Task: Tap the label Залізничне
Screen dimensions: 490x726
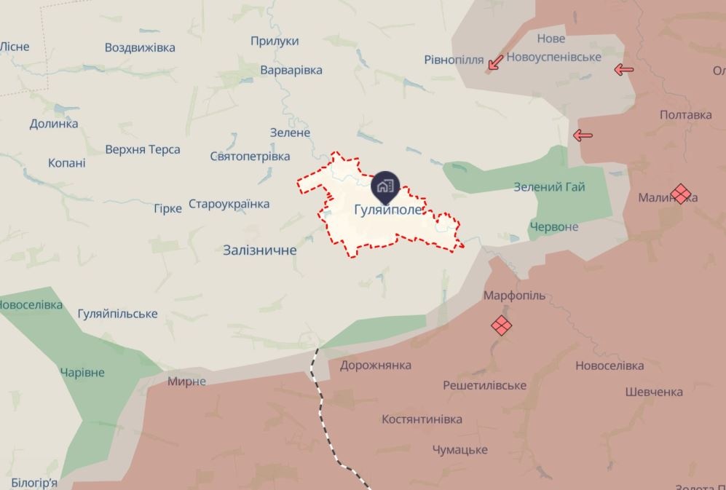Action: click(x=260, y=250)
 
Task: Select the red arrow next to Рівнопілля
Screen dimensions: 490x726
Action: click(x=495, y=63)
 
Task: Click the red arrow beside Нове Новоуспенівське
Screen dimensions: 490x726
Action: click(x=623, y=70)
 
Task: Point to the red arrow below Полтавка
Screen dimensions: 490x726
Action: click(x=583, y=135)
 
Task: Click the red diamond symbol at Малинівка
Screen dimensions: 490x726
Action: click(x=680, y=194)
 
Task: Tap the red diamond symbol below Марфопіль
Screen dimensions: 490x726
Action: click(x=501, y=325)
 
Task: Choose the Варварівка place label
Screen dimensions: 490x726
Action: click(x=291, y=70)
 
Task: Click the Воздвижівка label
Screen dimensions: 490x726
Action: click(x=140, y=47)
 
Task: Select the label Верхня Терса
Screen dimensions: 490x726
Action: click(x=143, y=150)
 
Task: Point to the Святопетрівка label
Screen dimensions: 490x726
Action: click(x=250, y=156)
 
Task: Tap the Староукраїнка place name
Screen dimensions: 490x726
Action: click(x=229, y=204)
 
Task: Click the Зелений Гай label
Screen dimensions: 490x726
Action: click(x=549, y=187)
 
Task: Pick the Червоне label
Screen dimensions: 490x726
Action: click(x=554, y=226)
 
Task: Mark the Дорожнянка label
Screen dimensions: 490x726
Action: click(x=375, y=365)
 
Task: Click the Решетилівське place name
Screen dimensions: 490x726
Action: click(x=484, y=384)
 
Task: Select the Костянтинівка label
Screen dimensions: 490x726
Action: click(x=422, y=419)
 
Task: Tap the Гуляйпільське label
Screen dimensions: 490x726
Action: click(x=117, y=314)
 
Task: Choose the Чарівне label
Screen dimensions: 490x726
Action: click(x=82, y=372)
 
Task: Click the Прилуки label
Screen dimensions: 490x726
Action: click(x=275, y=42)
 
